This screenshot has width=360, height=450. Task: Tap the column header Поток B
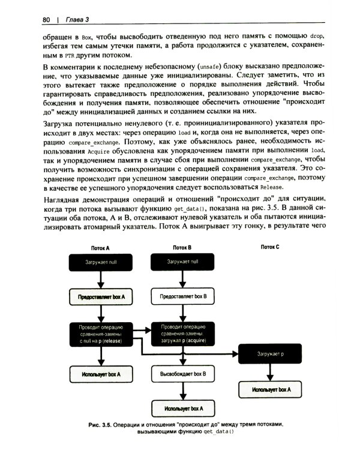[182, 247]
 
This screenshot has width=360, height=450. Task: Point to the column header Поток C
[269, 247]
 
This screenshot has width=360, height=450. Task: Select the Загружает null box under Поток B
[182, 263]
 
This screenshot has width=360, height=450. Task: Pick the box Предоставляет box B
[182, 297]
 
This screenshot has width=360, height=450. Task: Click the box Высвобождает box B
[182, 374]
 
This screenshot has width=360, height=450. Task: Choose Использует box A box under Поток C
[269, 389]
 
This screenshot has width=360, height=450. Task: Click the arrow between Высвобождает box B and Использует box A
[182, 391]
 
